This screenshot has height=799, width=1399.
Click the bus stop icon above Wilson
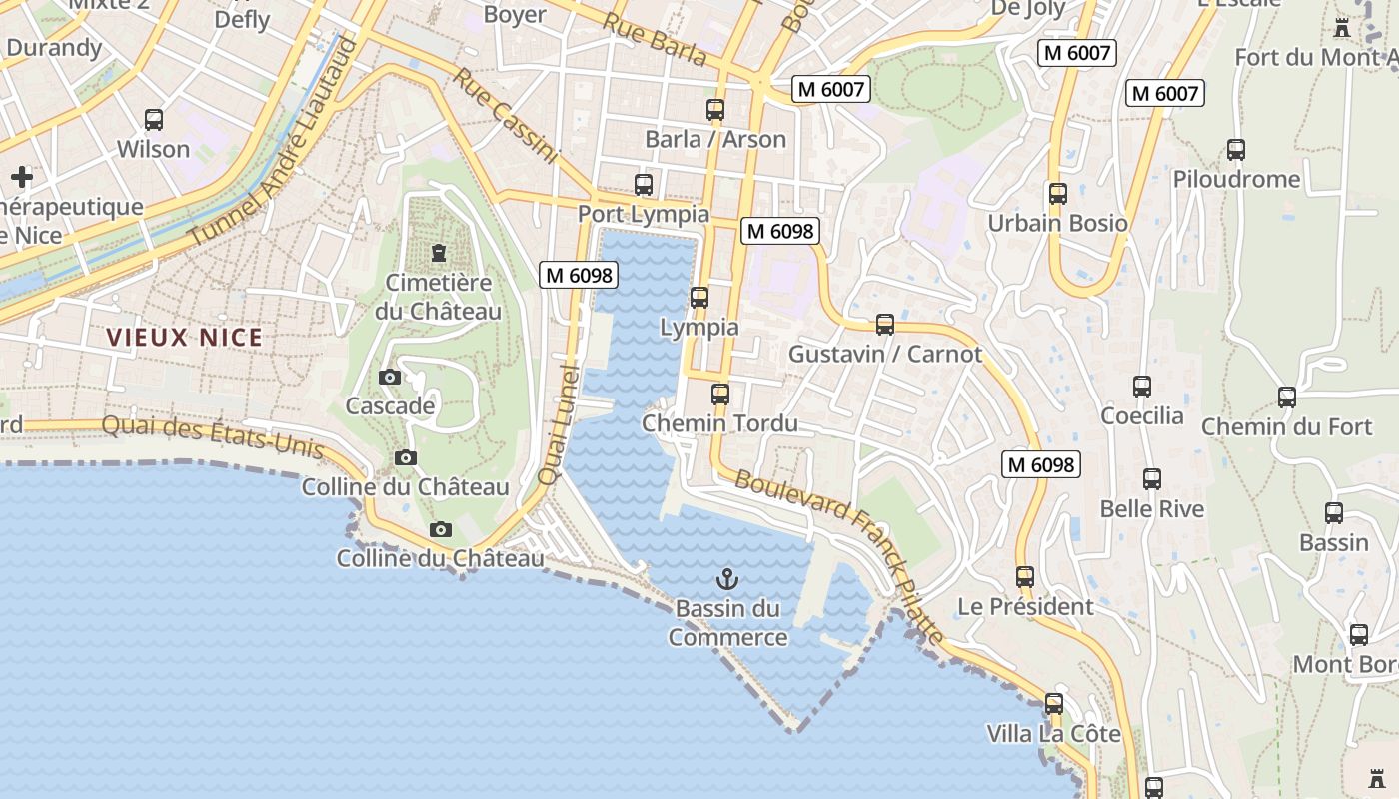154,120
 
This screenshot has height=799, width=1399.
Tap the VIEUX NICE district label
185,338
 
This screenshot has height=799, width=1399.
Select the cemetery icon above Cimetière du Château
438,253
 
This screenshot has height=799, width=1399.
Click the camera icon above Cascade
390,378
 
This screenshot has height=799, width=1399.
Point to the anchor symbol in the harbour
727,579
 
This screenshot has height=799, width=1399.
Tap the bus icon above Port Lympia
644,185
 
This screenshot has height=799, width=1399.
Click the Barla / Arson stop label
715,140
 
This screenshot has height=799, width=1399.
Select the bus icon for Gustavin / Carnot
885,325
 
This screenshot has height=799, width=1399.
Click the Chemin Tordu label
719,423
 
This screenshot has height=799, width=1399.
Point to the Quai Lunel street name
559,425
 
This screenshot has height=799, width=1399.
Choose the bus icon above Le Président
1025,577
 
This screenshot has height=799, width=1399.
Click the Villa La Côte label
1053,734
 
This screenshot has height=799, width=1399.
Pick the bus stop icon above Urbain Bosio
1057,194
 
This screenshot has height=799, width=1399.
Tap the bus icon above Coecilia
1142,387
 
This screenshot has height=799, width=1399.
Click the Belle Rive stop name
1152,509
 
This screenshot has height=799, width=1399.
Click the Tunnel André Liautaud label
273,142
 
